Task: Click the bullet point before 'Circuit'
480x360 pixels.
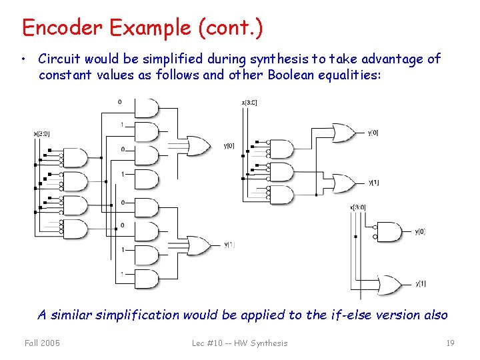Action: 23,59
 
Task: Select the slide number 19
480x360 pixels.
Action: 450,343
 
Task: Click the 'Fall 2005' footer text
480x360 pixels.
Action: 42,343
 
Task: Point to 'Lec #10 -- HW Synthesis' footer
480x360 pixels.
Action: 239,343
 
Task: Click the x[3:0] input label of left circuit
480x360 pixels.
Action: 41,133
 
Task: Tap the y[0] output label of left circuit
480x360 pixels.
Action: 229,146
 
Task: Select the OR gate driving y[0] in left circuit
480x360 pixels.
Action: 198,145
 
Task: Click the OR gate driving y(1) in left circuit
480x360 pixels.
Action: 198,245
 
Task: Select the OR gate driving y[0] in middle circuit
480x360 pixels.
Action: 344,133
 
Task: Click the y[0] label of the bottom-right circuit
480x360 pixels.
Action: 420,232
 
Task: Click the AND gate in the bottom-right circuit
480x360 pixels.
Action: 389,232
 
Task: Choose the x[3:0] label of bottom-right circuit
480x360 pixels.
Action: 357,207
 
